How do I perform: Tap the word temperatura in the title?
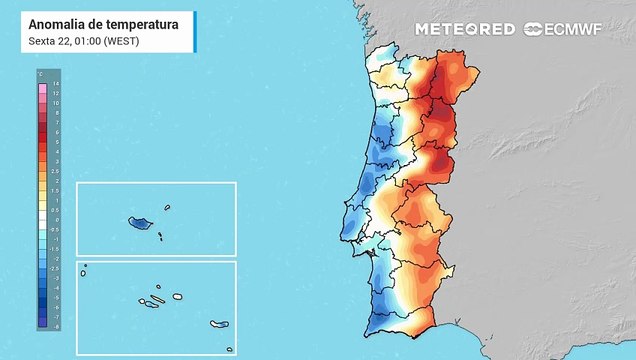point(140,23)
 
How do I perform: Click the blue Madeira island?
point(139,222)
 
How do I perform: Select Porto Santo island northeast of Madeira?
point(167,208)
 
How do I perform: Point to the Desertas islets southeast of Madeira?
point(159,236)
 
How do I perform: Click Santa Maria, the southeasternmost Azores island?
point(229,349)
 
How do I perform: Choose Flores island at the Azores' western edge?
point(85,267)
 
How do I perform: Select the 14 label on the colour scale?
point(55,84)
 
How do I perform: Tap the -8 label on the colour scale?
point(55,326)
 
